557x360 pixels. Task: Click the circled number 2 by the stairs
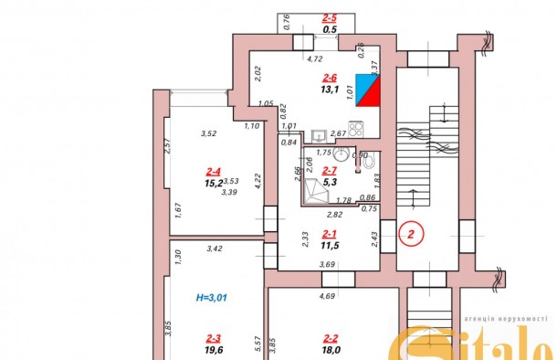[x=412, y=234]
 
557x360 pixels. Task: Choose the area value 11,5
[x=331, y=246]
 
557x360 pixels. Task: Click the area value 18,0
[x=331, y=348]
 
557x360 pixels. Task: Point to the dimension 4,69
[x=326, y=295]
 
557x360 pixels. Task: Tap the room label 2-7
[x=331, y=169]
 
